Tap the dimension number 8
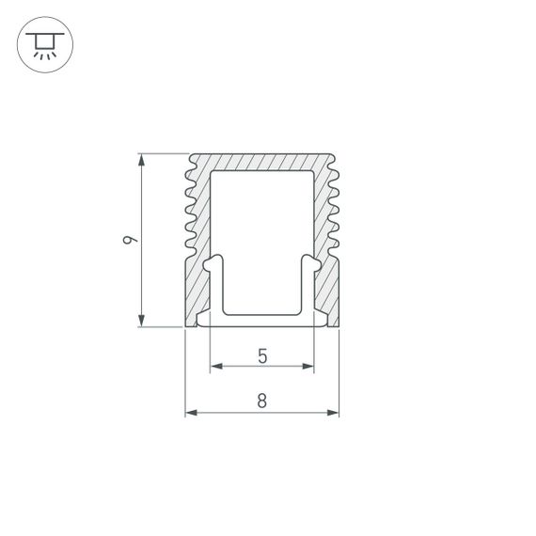[261, 402]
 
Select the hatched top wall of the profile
[261, 162]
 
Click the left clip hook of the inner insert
[215, 263]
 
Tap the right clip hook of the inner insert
[307, 263]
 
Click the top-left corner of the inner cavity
[211, 175]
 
